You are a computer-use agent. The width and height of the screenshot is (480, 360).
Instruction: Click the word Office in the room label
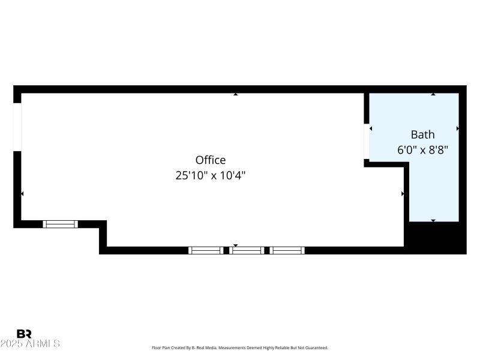click(x=211, y=160)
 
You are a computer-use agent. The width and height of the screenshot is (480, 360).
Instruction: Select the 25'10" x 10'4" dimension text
click(x=211, y=175)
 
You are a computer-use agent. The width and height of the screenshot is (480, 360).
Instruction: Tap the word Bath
click(x=422, y=134)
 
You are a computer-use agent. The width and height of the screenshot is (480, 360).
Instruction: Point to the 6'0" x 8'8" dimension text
click(x=422, y=149)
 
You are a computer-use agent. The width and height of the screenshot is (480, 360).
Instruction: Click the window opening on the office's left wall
click(x=17, y=127)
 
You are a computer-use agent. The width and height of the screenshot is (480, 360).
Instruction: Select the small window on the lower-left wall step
click(x=61, y=224)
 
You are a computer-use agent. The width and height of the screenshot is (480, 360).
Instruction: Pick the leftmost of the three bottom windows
click(x=206, y=250)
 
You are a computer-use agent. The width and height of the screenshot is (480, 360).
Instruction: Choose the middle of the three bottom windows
click(x=247, y=250)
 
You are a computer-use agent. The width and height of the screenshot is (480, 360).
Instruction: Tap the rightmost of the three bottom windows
click(x=287, y=250)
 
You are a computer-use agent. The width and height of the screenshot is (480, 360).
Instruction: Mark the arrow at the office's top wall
click(x=236, y=94)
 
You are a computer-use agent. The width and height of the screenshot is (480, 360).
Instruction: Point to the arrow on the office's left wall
click(x=23, y=194)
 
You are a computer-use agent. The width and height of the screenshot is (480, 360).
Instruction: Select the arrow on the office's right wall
click(x=402, y=194)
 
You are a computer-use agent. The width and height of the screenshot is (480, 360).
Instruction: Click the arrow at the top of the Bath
click(x=433, y=94)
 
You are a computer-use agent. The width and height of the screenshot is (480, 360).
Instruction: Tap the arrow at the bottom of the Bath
click(x=433, y=220)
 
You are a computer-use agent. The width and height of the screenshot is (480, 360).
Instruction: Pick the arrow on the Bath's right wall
click(x=457, y=128)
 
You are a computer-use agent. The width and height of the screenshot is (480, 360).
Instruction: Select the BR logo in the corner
click(x=24, y=334)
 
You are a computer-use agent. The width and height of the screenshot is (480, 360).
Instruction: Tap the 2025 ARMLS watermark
click(x=30, y=344)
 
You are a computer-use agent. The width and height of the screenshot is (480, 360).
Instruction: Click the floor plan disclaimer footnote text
click(x=240, y=348)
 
